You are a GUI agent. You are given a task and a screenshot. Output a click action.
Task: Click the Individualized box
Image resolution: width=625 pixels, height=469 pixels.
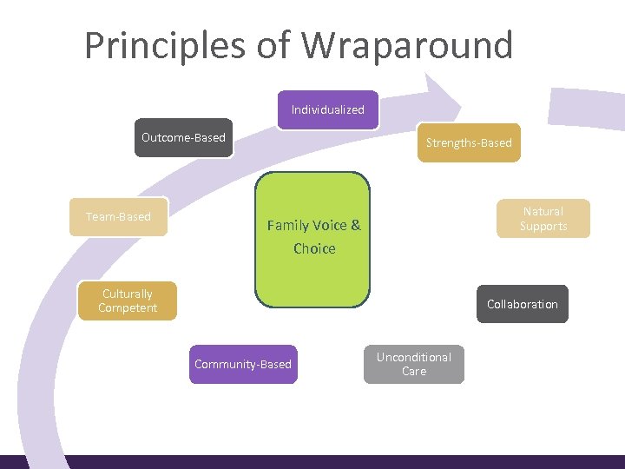[x=328, y=109]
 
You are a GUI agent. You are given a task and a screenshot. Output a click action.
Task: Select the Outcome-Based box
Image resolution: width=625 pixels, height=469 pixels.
[x=183, y=137]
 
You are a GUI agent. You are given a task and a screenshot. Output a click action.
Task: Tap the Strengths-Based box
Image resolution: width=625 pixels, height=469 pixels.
[x=469, y=142]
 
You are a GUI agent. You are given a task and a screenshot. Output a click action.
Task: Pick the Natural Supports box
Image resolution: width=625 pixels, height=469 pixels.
[x=543, y=218]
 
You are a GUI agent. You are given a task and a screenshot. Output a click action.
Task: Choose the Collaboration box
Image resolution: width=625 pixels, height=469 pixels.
[x=522, y=304]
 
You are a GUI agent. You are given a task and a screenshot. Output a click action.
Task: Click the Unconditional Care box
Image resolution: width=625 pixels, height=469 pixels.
[x=414, y=364]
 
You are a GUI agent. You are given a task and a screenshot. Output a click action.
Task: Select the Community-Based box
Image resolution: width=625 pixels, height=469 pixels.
[x=243, y=364]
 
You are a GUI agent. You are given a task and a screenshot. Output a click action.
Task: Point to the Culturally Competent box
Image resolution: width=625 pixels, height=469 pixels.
[x=128, y=301]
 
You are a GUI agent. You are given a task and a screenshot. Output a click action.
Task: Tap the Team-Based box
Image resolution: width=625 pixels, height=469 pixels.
[x=118, y=216]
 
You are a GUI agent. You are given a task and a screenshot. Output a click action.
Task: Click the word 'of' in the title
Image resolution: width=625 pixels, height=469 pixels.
[x=270, y=45]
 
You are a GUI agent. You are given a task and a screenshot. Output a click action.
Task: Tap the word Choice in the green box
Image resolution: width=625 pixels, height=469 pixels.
[x=314, y=248]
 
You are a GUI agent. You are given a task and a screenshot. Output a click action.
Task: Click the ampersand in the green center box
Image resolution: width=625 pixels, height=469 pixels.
[x=354, y=226]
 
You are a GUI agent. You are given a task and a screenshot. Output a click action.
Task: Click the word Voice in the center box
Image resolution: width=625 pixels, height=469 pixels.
[x=327, y=226]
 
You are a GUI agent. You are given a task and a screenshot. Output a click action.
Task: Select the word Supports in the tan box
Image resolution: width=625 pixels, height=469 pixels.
[x=543, y=226]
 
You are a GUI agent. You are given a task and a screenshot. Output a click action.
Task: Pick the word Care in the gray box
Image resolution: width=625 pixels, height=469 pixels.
[x=414, y=371]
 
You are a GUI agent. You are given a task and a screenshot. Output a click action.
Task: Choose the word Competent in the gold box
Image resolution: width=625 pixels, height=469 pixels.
[x=128, y=307]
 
